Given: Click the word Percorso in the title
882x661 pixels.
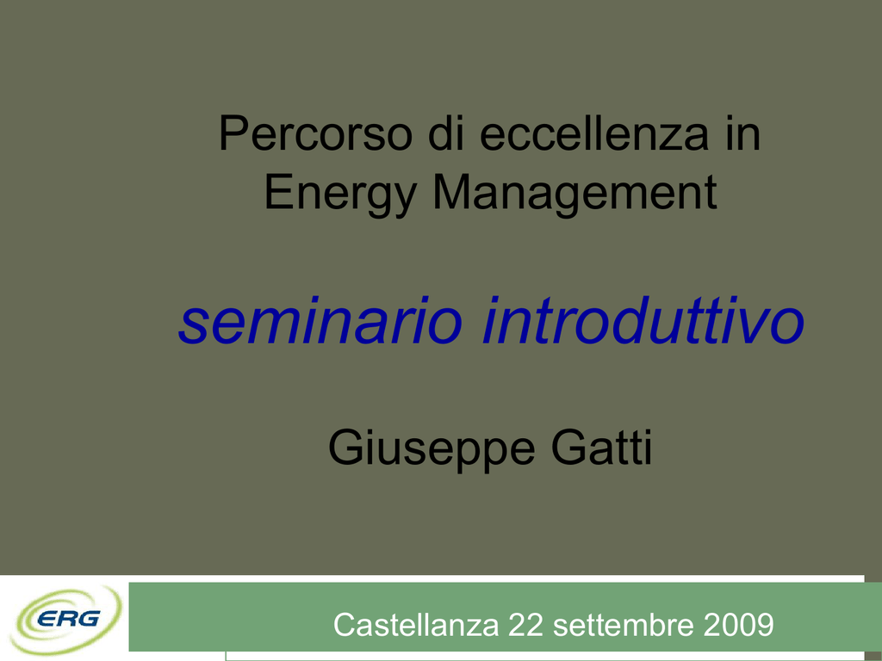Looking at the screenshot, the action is pyautogui.click(x=315, y=133).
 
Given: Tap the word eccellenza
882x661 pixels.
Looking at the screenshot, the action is pyautogui.click(x=594, y=133).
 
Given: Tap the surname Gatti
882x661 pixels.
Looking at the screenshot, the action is pyautogui.click(x=602, y=448).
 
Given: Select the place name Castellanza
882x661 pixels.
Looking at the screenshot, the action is pyautogui.click(x=416, y=624).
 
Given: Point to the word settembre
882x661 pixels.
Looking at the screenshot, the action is pyautogui.click(x=624, y=624).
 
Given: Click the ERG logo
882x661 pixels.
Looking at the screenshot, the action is pyautogui.click(x=66, y=620).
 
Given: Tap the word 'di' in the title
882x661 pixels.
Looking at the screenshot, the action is pyautogui.click(x=446, y=133).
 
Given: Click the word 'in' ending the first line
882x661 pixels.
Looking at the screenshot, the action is pyautogui.click(x=742, y=133).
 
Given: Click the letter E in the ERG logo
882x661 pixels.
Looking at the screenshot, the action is pyautogui.click(x=48, y=620).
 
